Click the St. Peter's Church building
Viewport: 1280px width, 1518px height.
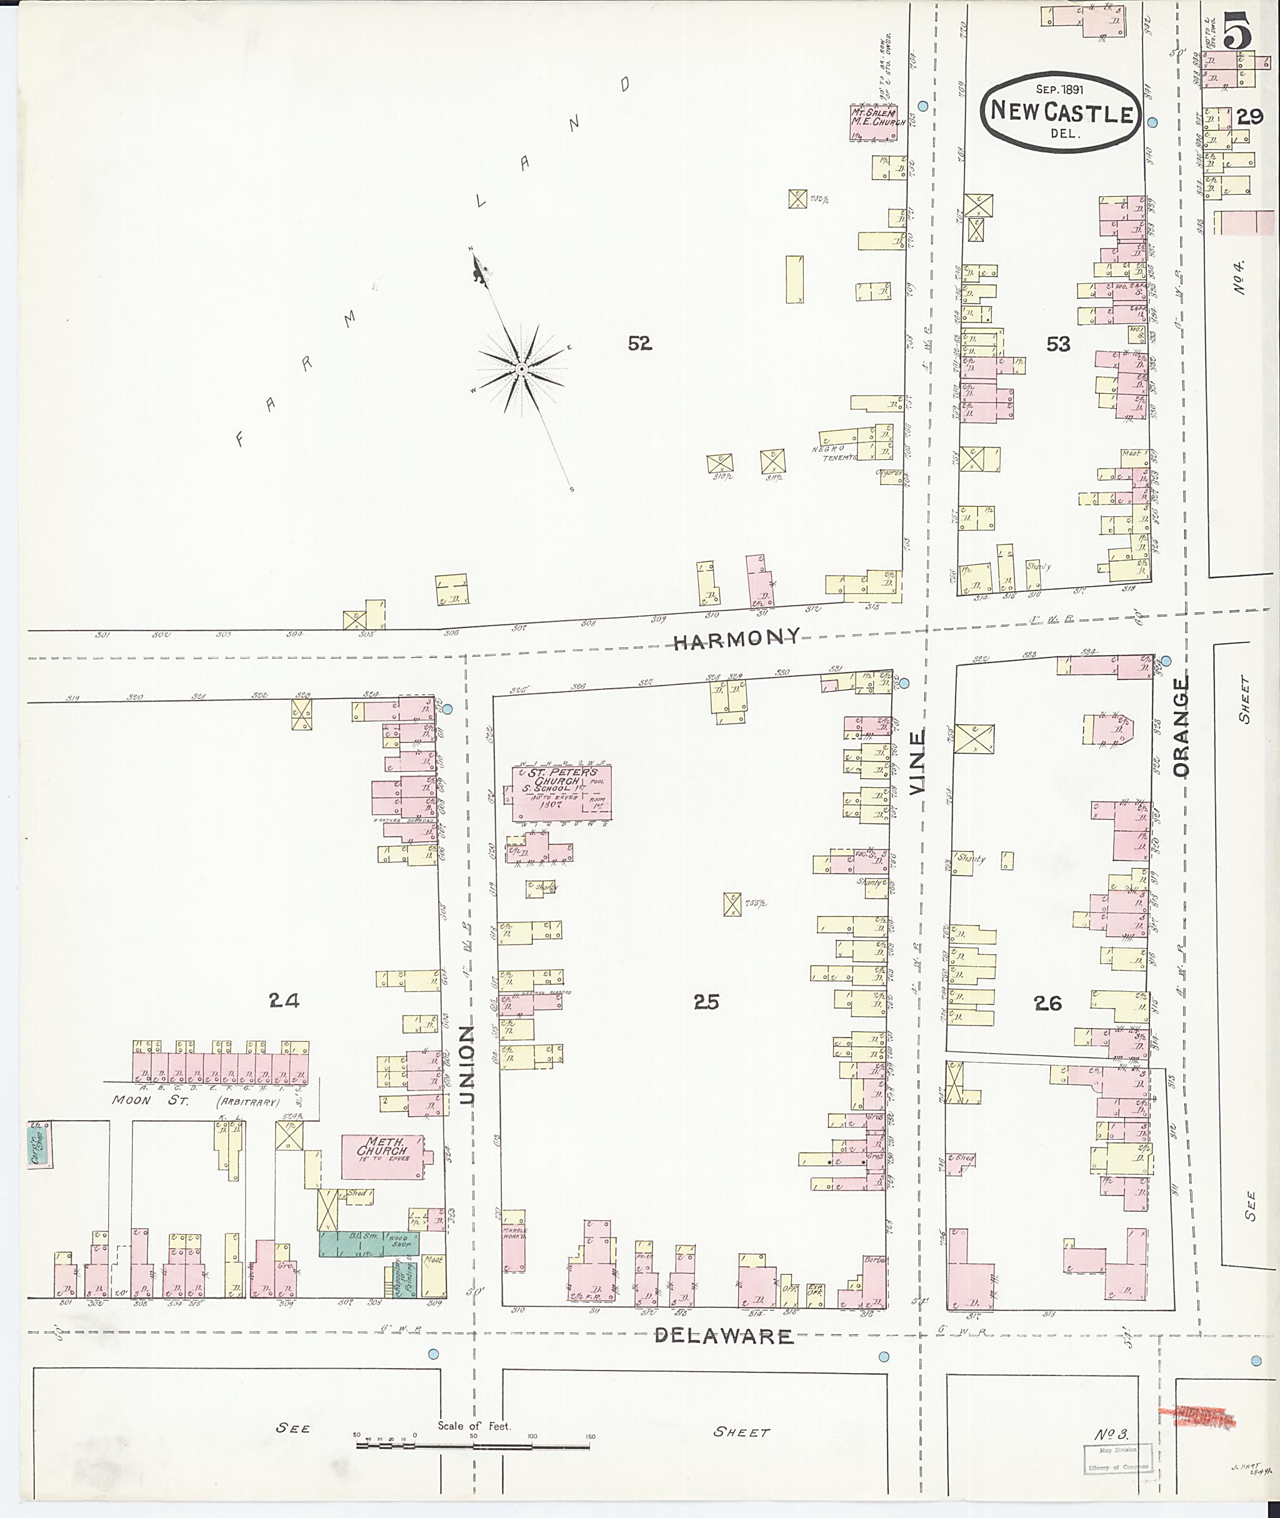point(561,792)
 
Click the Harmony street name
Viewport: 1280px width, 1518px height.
point(736,639)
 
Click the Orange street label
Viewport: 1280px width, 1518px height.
point(1181,726)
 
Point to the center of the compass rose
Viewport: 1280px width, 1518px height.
point(521,370)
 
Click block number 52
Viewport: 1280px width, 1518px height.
point(639,343)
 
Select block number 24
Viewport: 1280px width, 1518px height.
point(284,1001)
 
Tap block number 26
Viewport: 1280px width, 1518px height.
point(1047,1004)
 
